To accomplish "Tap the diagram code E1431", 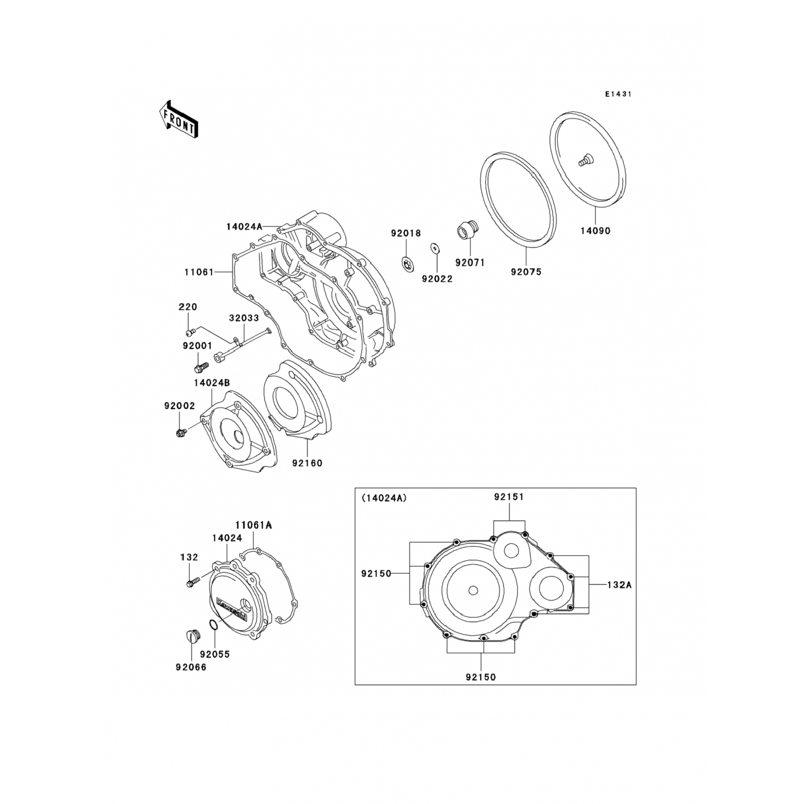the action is point(619,94).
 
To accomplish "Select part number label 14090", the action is point(595,231).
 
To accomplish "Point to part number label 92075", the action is point(526,272).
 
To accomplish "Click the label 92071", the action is point(470,263).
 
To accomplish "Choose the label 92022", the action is point(437,279).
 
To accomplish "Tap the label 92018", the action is point(406,233).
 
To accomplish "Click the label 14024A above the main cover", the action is point(244,226).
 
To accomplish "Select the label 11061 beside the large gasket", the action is point(199,272).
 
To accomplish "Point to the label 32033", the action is point(244,318).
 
